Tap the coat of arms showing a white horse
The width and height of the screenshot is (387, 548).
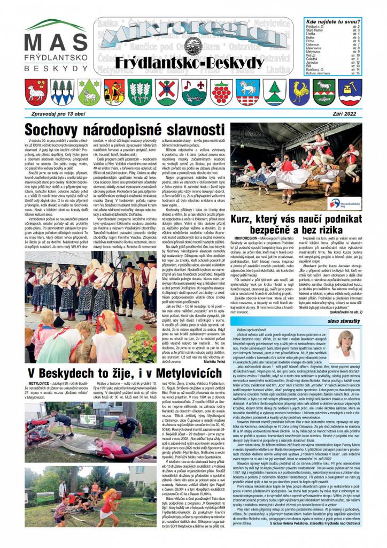247,92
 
